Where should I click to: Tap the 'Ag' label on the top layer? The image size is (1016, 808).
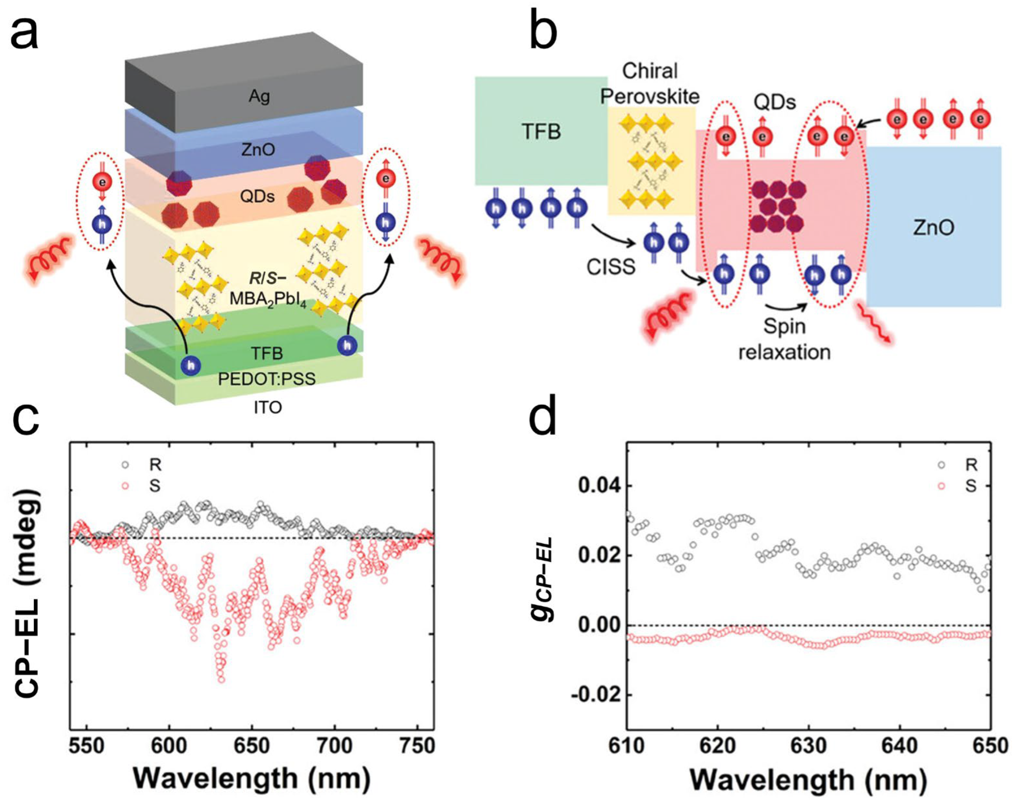(259, 97)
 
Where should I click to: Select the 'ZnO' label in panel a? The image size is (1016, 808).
(258, 150)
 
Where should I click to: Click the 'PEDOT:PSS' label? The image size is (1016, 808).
(267, 379)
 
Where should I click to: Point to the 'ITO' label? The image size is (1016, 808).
(268, 407)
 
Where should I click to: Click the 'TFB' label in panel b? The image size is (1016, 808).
(541, 131)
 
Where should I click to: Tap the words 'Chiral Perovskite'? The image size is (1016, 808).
(650, 84)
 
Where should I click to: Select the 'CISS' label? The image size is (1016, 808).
(611, 267)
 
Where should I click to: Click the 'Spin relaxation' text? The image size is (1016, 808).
(784, 339)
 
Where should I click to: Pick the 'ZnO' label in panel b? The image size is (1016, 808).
(933, 227)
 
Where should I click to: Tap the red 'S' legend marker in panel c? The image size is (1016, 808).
(125, 486)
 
